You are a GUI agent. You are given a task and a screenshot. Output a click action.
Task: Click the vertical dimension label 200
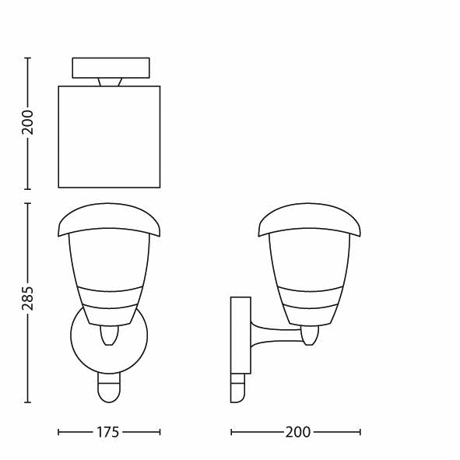[x=28, y=123]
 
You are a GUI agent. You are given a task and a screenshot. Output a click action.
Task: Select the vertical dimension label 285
[x=28, y=303]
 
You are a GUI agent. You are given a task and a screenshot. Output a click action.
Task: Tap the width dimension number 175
[x=108, y=432]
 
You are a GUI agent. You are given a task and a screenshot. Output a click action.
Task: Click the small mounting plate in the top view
[x=111, y=68]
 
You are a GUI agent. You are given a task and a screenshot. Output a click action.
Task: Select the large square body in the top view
[x=109, y=137]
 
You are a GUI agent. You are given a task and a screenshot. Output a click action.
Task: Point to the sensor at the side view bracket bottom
[x=237, y=388]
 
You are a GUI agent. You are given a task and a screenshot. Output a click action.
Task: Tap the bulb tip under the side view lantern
[x=311, y=335]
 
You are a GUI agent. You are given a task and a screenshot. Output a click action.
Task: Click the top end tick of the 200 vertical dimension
[x=28, y=58]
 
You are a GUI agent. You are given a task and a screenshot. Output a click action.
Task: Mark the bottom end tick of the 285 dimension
[x=28, y=402]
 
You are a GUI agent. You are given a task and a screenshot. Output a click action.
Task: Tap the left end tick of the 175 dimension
[x=59, y=432]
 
